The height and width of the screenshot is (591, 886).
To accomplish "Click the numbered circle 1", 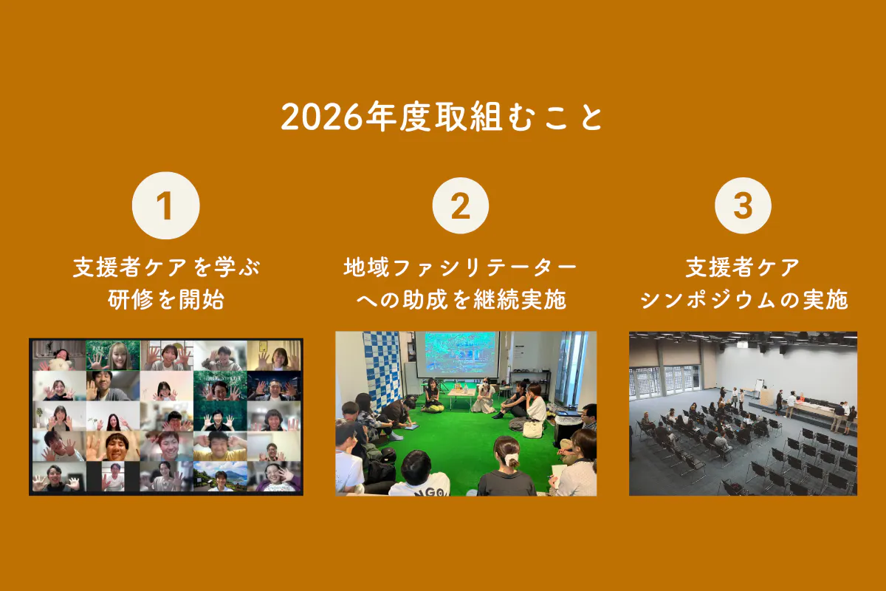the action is coord(165,205).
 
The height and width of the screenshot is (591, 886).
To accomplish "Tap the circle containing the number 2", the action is coord(461,205).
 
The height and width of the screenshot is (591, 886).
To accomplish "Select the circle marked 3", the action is coord(743,205).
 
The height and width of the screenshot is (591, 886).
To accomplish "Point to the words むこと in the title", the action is coord(555,117).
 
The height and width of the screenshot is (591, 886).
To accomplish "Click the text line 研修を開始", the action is coord(166,300).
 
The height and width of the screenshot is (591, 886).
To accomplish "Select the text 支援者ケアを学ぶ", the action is coord(166,267).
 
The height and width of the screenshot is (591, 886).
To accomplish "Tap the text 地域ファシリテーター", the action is coord(461,267).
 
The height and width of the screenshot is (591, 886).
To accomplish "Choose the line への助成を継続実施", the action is coord(461,300).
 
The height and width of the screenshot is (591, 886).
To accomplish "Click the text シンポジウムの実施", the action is coord(744,300).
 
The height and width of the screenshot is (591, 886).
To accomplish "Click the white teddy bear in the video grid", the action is coord(60,364).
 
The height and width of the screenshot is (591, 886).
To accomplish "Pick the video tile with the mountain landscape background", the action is coord(220,476).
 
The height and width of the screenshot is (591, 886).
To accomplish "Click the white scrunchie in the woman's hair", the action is coord(512,460).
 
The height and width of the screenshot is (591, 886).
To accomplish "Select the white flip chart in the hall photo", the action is coord(759,386).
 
